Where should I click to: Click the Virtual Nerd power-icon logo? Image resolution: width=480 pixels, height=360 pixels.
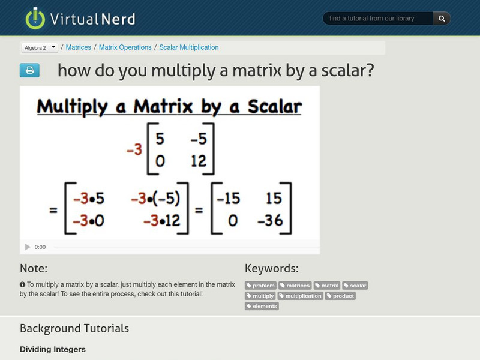point(35,18)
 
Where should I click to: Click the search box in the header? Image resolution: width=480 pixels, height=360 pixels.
point(378,19)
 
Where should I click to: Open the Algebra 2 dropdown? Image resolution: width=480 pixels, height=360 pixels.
point(53,47)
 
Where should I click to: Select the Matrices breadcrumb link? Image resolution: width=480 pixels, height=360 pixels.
point(79,47)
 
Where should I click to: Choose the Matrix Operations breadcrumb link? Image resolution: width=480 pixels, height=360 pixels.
point(125,47)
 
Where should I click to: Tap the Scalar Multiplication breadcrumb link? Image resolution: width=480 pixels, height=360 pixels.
point(189,47)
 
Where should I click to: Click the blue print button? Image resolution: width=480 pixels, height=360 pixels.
point(29,70)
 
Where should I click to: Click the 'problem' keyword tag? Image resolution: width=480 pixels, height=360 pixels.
point(261,286)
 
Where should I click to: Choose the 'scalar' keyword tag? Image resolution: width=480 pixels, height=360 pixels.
point(355,286)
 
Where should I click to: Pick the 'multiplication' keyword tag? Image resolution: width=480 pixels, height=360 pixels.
point(300,296)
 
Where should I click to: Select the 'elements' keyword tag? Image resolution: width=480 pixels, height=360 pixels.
point(262,306)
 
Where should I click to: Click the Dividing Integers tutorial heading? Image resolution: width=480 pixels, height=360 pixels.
point(53,349)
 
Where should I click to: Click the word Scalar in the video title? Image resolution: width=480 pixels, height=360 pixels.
point(267,107)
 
